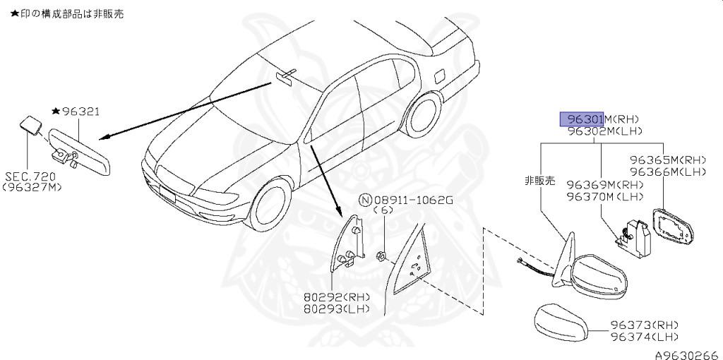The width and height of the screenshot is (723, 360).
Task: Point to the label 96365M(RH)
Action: point(668,160)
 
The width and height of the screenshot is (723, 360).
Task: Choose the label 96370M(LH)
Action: point(604,197)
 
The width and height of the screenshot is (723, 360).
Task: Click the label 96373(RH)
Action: point(644,325)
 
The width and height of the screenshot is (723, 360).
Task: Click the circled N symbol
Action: point(365,199)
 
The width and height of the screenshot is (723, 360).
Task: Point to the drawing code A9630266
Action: point(686,353)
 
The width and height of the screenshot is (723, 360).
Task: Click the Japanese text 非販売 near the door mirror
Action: point(539,180)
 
